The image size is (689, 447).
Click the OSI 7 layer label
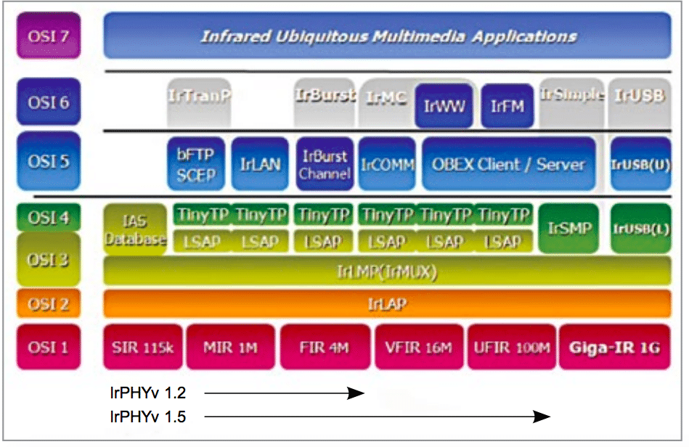pos(49,35)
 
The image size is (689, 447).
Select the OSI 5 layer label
pos(49,161)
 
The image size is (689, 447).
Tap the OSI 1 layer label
pos(49,346)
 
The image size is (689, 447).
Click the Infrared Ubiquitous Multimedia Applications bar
pos(388,36)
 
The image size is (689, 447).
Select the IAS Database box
pos(135,228)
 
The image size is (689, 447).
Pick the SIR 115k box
pos(143,347)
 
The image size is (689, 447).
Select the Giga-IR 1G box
pos(614,347)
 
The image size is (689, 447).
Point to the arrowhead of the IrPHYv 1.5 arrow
pos(542,416)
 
